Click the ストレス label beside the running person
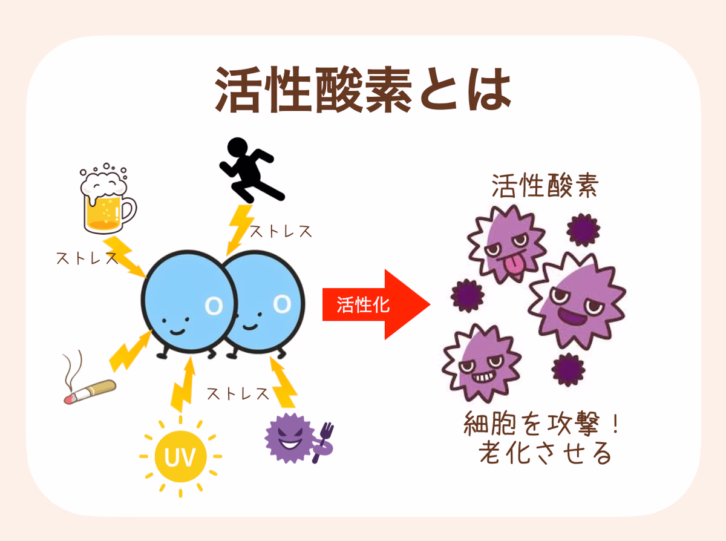281,231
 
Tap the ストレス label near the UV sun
237,394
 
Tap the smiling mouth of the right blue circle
247,327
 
